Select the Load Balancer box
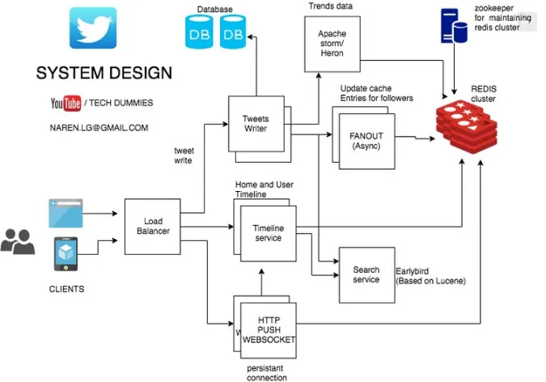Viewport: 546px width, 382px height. [153, 226]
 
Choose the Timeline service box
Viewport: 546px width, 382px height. [268, 234]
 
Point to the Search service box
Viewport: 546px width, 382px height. [366, 275]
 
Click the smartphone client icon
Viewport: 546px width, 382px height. [66, 254]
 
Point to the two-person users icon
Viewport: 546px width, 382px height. [17, 241]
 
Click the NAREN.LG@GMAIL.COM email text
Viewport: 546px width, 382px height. [99, 128]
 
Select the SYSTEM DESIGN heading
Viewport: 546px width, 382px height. [104, 73]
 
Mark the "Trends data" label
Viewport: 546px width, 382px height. [331, 6]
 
